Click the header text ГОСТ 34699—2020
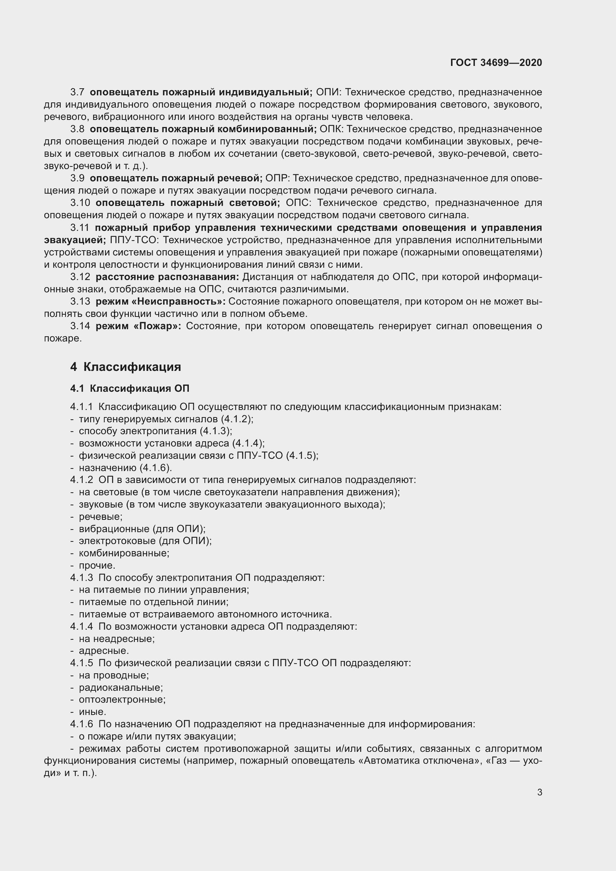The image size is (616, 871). (x=496, y=63)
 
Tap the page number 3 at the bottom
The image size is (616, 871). (x=539, y=792)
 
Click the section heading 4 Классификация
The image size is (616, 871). (x=126, y=367)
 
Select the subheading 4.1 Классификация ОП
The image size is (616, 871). (x=129, y=388)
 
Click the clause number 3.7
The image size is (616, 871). (x=77, y=92)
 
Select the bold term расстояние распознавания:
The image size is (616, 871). (x=167, y=277)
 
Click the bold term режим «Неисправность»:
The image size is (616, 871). (x=161, y=302)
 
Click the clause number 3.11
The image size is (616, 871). (x=80, y=228)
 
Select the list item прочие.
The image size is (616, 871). (x=97, y=565)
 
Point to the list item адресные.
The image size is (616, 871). (x=104, y=651)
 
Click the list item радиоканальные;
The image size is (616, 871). (x=121, y=687)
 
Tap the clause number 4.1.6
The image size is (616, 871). (x=82, y=724)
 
